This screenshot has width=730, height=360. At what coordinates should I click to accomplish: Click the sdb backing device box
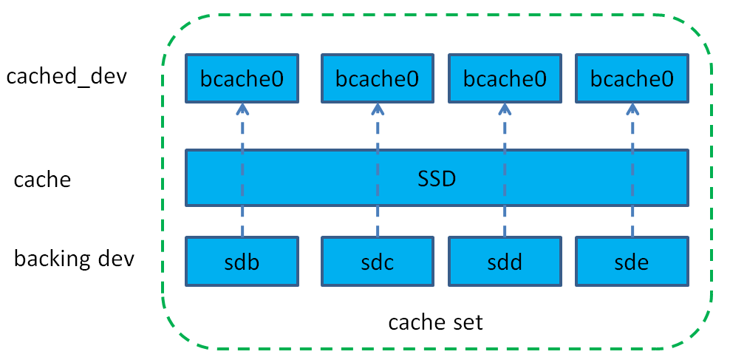tap(242, 262)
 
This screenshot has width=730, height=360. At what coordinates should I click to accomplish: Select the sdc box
tap(377, 262)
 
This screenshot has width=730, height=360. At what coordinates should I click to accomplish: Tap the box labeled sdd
tap(504, 262)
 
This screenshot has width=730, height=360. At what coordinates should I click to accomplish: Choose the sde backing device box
tap(632, 262)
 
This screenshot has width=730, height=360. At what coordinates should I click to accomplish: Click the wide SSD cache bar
tap(437, 177)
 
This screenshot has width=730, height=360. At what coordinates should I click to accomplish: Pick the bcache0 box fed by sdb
tap(242, 78)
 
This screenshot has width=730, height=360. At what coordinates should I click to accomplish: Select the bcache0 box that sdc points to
tap(377, 78)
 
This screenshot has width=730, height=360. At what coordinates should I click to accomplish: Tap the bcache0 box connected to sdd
tap(504, 78)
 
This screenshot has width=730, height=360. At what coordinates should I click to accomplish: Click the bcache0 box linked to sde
tap(632, 78)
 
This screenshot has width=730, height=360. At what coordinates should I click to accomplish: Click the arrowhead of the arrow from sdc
tap(377, 109)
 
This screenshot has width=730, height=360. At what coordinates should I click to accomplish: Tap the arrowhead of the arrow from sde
tap(632, 109)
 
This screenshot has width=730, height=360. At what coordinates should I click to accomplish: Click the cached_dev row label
tap(66, 77)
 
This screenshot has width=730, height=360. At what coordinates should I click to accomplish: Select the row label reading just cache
tap(43, 179)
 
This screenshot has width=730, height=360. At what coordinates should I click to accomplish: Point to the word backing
tap(50, 259)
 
